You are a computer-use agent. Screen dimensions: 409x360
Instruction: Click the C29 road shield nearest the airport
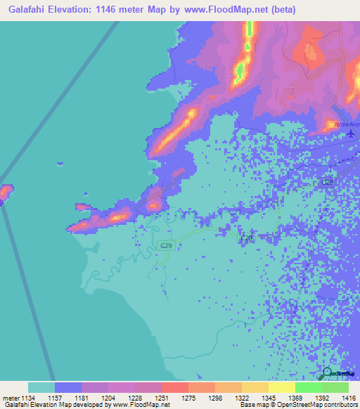pos(327,182)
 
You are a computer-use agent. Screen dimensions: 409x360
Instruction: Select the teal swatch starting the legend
pos(41,387)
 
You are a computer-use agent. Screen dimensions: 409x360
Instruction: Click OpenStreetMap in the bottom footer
pos(304,405)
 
